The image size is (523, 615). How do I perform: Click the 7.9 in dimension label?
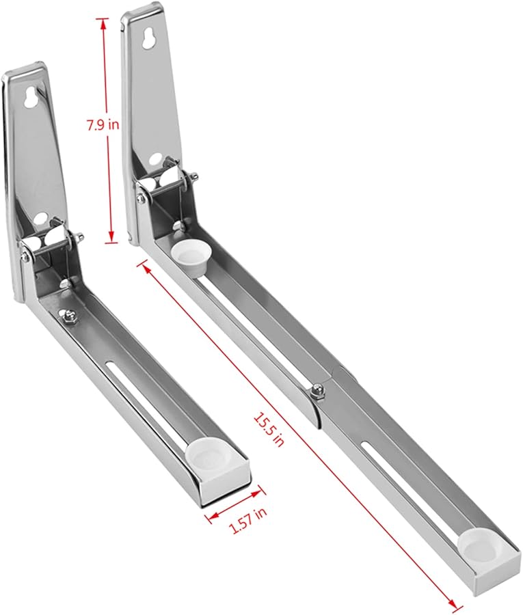(98, 125)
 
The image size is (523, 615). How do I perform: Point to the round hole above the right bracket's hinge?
(155, 160)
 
